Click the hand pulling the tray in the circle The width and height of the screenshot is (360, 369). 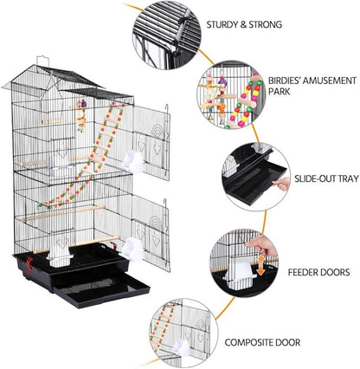pos(281,184)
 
